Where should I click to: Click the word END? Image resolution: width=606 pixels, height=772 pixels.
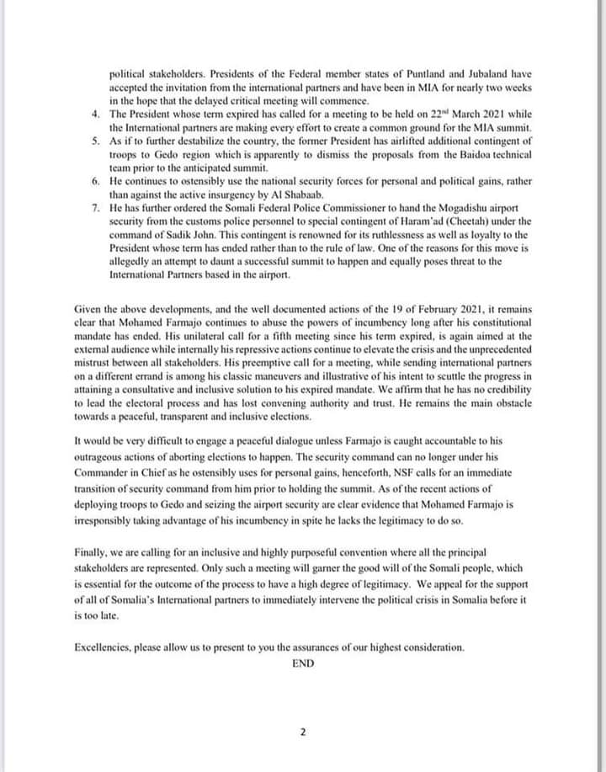click(303, 663)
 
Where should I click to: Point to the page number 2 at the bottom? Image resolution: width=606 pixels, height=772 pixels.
click(303, 732)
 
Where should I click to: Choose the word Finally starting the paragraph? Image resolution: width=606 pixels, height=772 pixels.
click(93, 552)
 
